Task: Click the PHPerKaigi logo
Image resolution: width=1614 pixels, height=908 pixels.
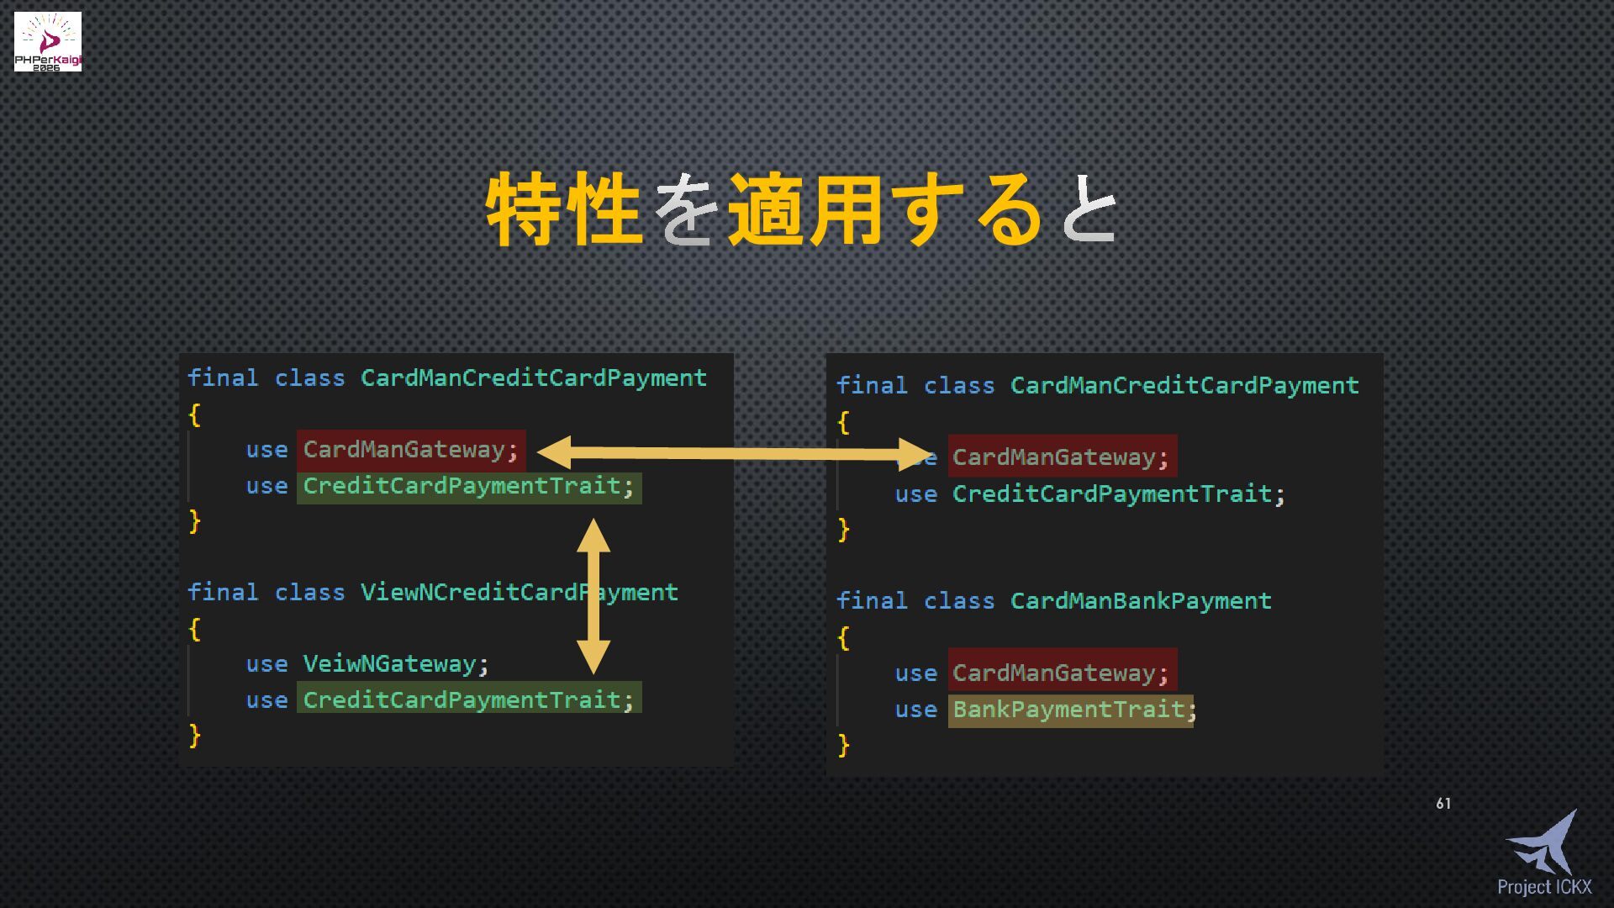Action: (x=48, y=41)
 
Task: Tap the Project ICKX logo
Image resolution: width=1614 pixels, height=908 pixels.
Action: (x=1544, y=853)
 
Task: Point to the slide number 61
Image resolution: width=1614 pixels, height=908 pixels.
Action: (x=1443, y=804)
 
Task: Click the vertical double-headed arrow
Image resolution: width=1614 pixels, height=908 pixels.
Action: (x=593, y=596)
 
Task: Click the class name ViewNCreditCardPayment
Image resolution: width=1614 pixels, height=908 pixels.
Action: (x=519, y=592)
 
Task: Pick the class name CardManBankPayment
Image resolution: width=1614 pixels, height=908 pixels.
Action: (x=1140, y=600)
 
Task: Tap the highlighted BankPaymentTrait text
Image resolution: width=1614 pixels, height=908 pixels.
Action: (x=1069, y=710)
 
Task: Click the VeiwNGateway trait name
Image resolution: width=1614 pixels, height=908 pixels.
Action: (x=389, y=663)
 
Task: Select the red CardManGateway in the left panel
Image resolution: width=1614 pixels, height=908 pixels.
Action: (x=404, y=450)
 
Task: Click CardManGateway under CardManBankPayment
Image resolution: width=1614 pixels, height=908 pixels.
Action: (x=1054, y=673)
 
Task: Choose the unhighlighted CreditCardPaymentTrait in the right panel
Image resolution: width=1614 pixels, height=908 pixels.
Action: (x=1111, y=494)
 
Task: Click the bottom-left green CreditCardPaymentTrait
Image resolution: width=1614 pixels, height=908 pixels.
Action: (x=462, y=699)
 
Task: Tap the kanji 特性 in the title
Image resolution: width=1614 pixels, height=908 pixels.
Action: (x=564, y=209)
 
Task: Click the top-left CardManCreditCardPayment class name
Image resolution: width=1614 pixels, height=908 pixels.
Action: (x=533, y=377)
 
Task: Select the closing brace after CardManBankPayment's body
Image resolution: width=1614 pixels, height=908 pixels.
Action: (x=844, y=745)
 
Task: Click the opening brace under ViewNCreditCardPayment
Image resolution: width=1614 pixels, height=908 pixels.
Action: (x=195, y=628)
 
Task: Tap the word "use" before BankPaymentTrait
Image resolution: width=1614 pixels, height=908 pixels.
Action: (x=915, y=710)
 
